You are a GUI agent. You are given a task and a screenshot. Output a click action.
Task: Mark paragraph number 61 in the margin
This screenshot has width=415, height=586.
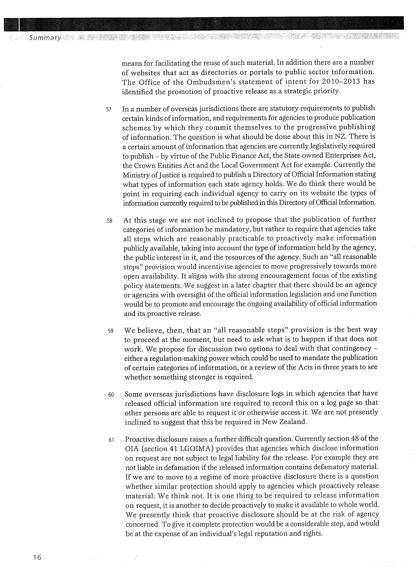[x=111, y=440]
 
